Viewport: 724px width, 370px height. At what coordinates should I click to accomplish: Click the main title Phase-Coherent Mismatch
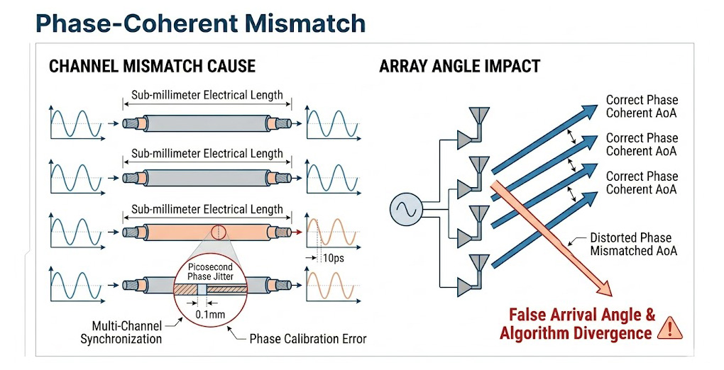[200, 23]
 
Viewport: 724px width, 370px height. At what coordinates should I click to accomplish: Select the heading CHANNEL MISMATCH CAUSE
[152, 67]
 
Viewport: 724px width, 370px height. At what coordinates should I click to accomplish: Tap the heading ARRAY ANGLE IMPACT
[459, 67]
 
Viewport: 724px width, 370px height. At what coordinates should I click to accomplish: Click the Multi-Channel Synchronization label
[121, 332]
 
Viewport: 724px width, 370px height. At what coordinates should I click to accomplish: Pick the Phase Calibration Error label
[307, 339]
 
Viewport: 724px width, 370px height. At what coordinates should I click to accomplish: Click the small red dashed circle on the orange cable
[218, 232]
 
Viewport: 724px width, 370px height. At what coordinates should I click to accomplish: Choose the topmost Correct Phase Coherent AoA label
[642, 106]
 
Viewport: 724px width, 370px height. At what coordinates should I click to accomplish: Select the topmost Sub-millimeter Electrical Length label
[207, 94]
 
